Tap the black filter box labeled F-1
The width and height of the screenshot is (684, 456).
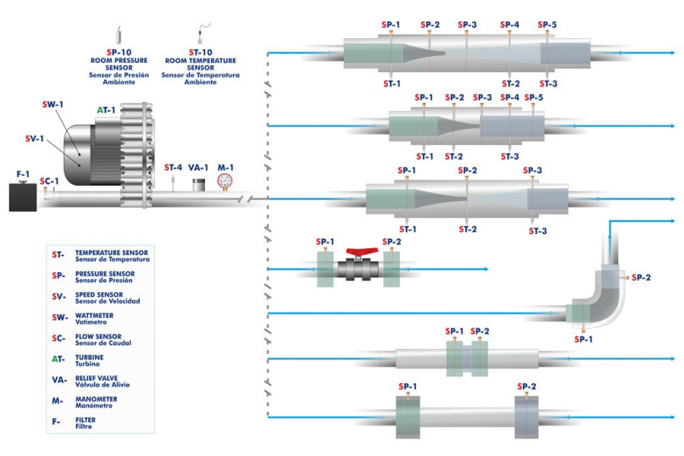pyautogui.click(x=23, y=197)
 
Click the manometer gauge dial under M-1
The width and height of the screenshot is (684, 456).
pyautogui.click(x=225, y=181)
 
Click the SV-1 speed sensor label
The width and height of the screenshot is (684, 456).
pyautogui.click(x=34, y=137)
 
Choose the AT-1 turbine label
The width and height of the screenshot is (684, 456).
pyautogui.click(x=106, y=110)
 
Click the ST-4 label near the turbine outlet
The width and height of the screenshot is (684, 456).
pyautogui.click(x=173, y=168)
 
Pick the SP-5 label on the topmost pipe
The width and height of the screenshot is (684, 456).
pyautogui.click(x=547, y=25)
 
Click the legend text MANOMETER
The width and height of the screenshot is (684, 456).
pyautogui.click(x=96, y=398)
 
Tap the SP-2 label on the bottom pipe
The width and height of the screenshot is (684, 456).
pyautogui.click(x=526, y=386)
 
